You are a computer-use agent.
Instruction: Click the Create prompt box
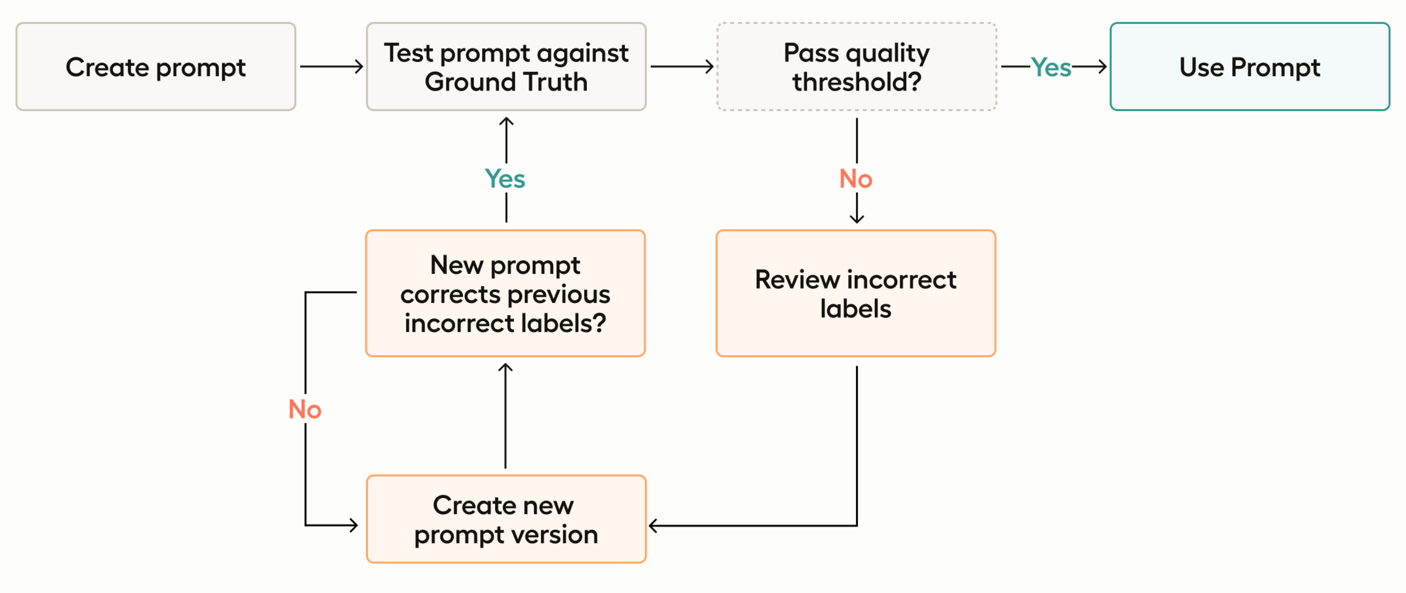(x=156, y=67)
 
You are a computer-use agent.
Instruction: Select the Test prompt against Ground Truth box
(x=506, y=67)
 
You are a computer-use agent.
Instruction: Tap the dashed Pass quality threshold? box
(x=856, y=67)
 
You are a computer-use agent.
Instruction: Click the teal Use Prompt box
(x=1249, y=67)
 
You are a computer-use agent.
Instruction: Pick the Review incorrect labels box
(x=855, y=293)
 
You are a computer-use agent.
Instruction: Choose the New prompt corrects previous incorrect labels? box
(x=505, y=293)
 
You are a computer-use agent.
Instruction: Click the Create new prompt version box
(x=506, y=519)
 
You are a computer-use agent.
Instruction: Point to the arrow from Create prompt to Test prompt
(x=331, y=67)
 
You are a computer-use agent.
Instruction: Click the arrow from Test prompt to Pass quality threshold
(x=682, y=67)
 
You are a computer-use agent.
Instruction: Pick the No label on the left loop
(x=305, y=410)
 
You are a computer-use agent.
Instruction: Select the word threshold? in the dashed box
(x=856, y=82)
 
